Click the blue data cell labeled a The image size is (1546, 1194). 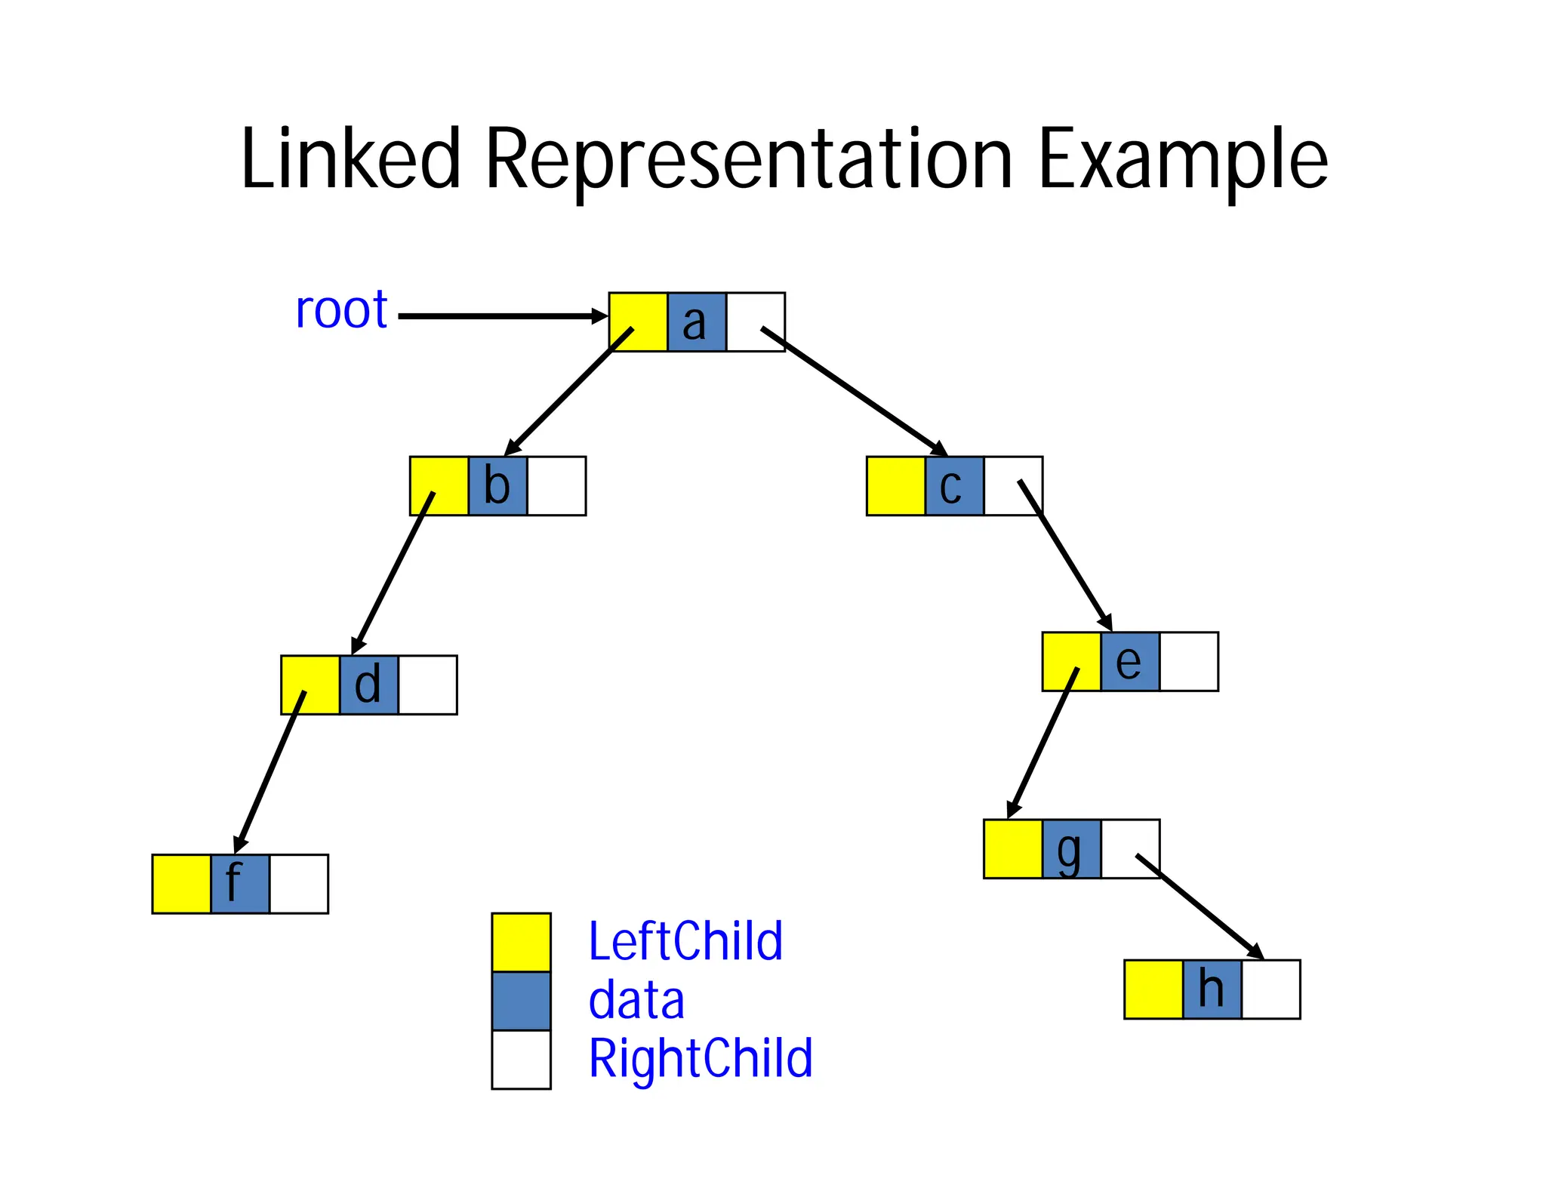696,322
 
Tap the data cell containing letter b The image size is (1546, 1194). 497,486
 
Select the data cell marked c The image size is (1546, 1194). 954,486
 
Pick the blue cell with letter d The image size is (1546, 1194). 368,685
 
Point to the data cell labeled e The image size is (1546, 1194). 1130,662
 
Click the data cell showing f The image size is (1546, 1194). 240,884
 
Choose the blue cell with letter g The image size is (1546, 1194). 1072,849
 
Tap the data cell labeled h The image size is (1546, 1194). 1212,989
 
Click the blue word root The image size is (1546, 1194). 341,310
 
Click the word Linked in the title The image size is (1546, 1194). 350,160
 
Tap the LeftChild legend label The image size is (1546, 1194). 685,942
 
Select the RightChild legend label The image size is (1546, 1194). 701,1059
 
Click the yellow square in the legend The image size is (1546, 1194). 521,943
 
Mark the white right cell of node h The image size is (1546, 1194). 1270,989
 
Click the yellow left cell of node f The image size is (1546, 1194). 181,884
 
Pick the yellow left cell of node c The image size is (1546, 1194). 895,486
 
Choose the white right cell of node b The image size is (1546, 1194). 556,486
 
